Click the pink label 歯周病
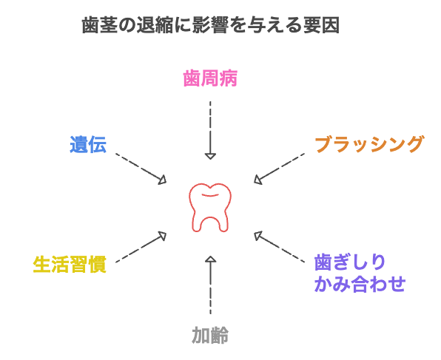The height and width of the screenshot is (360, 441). pos(210,79)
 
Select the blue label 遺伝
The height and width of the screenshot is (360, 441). pos(88,144)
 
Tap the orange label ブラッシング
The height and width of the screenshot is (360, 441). pos(368,144)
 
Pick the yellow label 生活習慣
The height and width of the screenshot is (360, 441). pos(70,264)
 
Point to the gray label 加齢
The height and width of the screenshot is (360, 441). pos(210,336)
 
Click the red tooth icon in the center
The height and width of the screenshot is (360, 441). pos(210,206)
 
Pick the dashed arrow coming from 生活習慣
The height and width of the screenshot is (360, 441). pos(141,245)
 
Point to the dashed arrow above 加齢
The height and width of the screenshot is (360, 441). pos(210,285)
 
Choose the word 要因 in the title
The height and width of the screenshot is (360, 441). pos(320,27)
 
